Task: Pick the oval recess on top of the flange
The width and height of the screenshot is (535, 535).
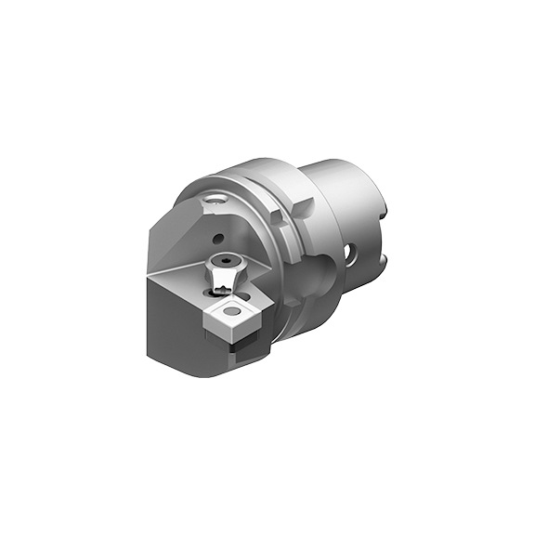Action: pos(216,198)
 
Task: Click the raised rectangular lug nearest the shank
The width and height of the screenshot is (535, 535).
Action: pos(281,218)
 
